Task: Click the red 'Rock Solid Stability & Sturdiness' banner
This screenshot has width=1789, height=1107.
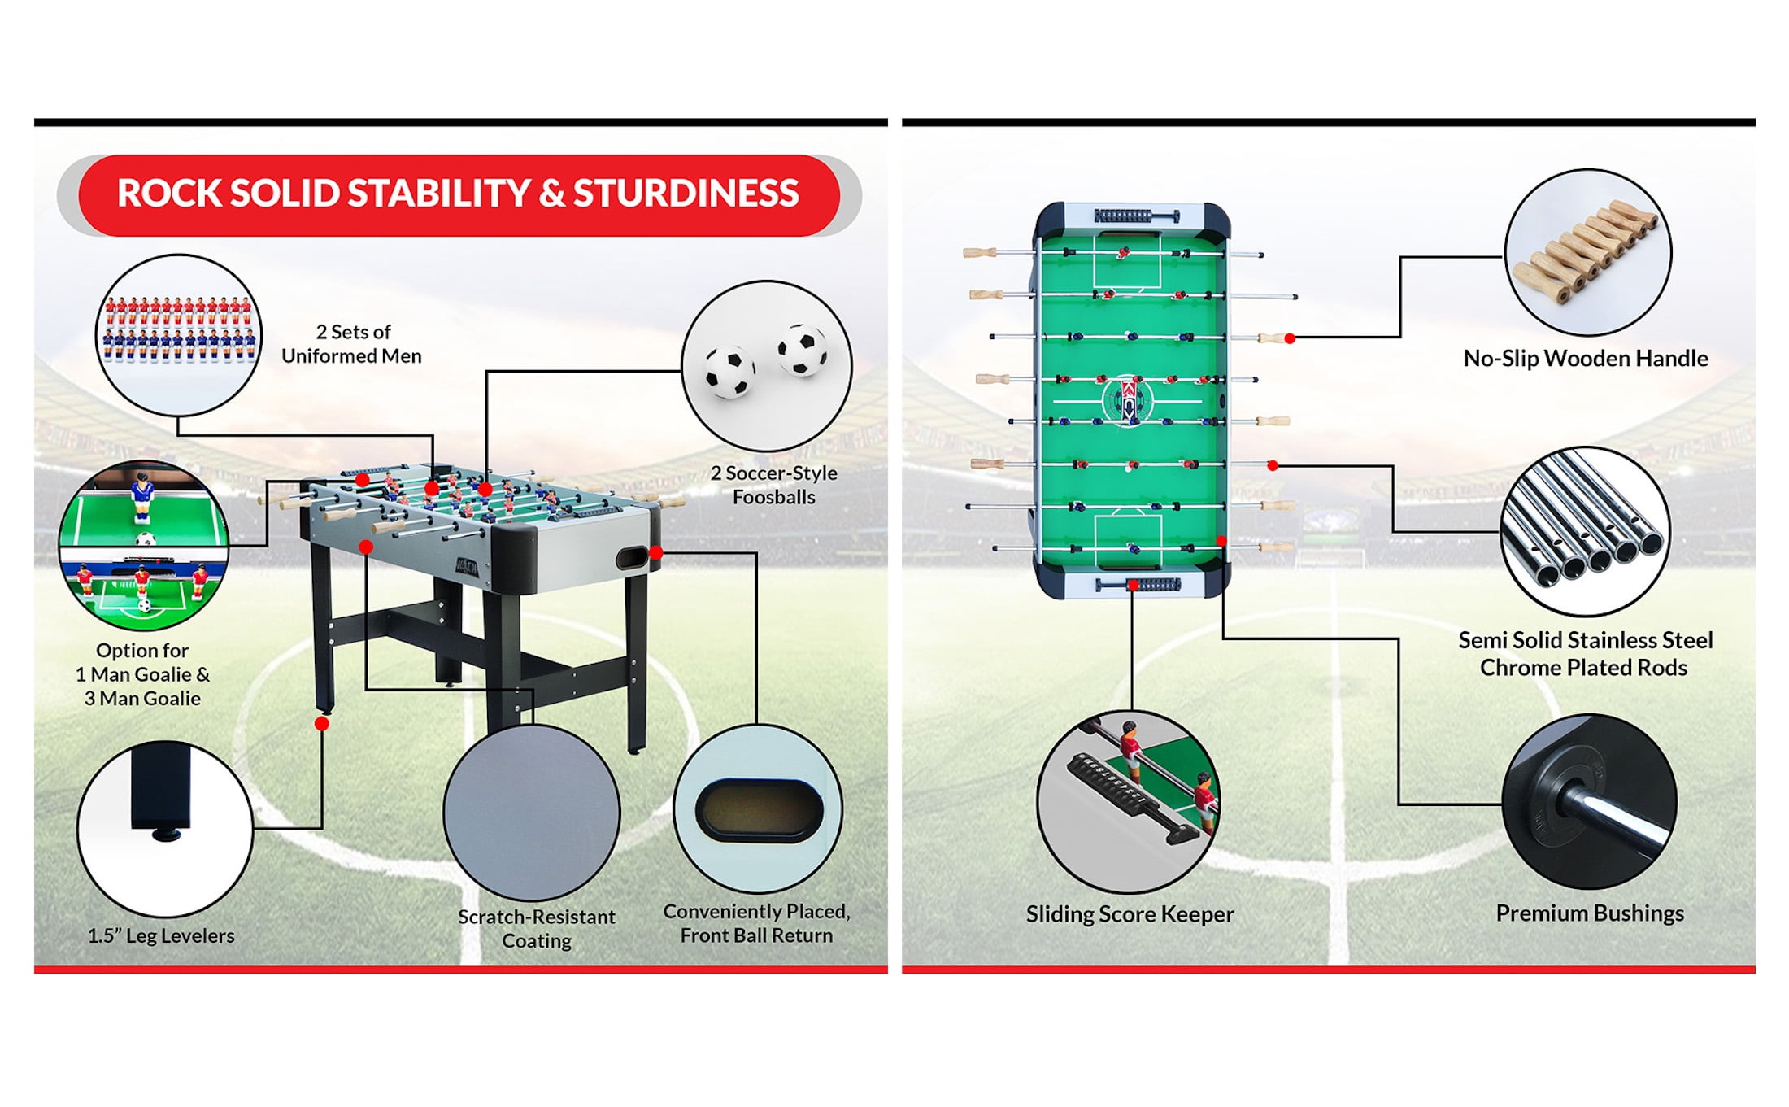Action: (x=459, y=194)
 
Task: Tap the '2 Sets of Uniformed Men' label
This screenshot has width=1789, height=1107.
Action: (x=352, y=344)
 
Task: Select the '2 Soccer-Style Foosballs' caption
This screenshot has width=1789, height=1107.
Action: (x=773, y=485)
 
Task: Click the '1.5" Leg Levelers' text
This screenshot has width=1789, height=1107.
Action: (x=161, y=935)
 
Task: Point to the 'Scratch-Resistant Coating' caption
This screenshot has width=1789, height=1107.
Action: (x=537, y=929)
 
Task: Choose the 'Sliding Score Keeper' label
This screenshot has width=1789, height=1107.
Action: (x=1130, y=914)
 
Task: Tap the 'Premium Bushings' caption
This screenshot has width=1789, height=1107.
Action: (x=1590, y=913)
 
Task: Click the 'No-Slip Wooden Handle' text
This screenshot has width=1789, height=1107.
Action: (x=1585, y=359)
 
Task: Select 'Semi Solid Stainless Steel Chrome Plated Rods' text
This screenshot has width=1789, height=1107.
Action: (x=1585, y=654)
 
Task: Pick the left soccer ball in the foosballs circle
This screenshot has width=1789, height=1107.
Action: (x=729, y=371)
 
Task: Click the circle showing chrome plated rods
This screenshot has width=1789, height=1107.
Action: (x=1585, y=531)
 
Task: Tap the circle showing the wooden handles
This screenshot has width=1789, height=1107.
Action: (x=1587, y=251)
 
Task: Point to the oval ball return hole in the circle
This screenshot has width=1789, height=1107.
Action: (x=759, y=810)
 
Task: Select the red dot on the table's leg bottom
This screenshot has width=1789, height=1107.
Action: (x=322, y=724)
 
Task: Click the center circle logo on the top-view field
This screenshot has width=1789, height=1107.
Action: (x=1129, y=399)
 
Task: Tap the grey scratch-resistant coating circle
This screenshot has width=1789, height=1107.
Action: (x=532, y=813)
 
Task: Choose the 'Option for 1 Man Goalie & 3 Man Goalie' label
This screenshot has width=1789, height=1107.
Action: (x=142, y=674)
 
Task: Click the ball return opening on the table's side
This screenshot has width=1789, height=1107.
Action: (x=631, y=558)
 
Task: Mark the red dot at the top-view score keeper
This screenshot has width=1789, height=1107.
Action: (x=1133, y=585)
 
